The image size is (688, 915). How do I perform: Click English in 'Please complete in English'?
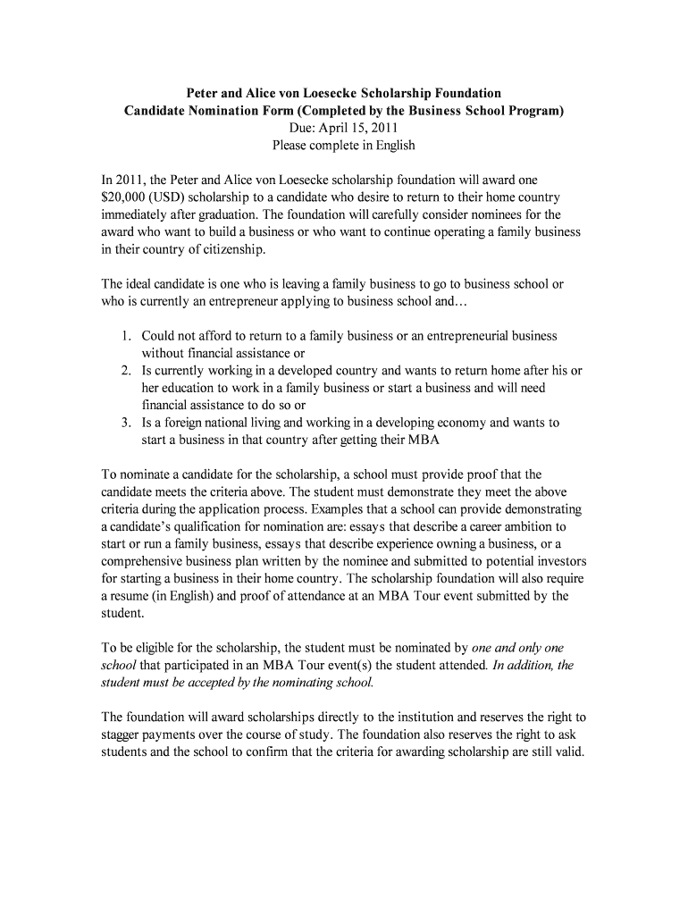(x=393, y=145)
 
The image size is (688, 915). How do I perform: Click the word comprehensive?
(x=143, y=561)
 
